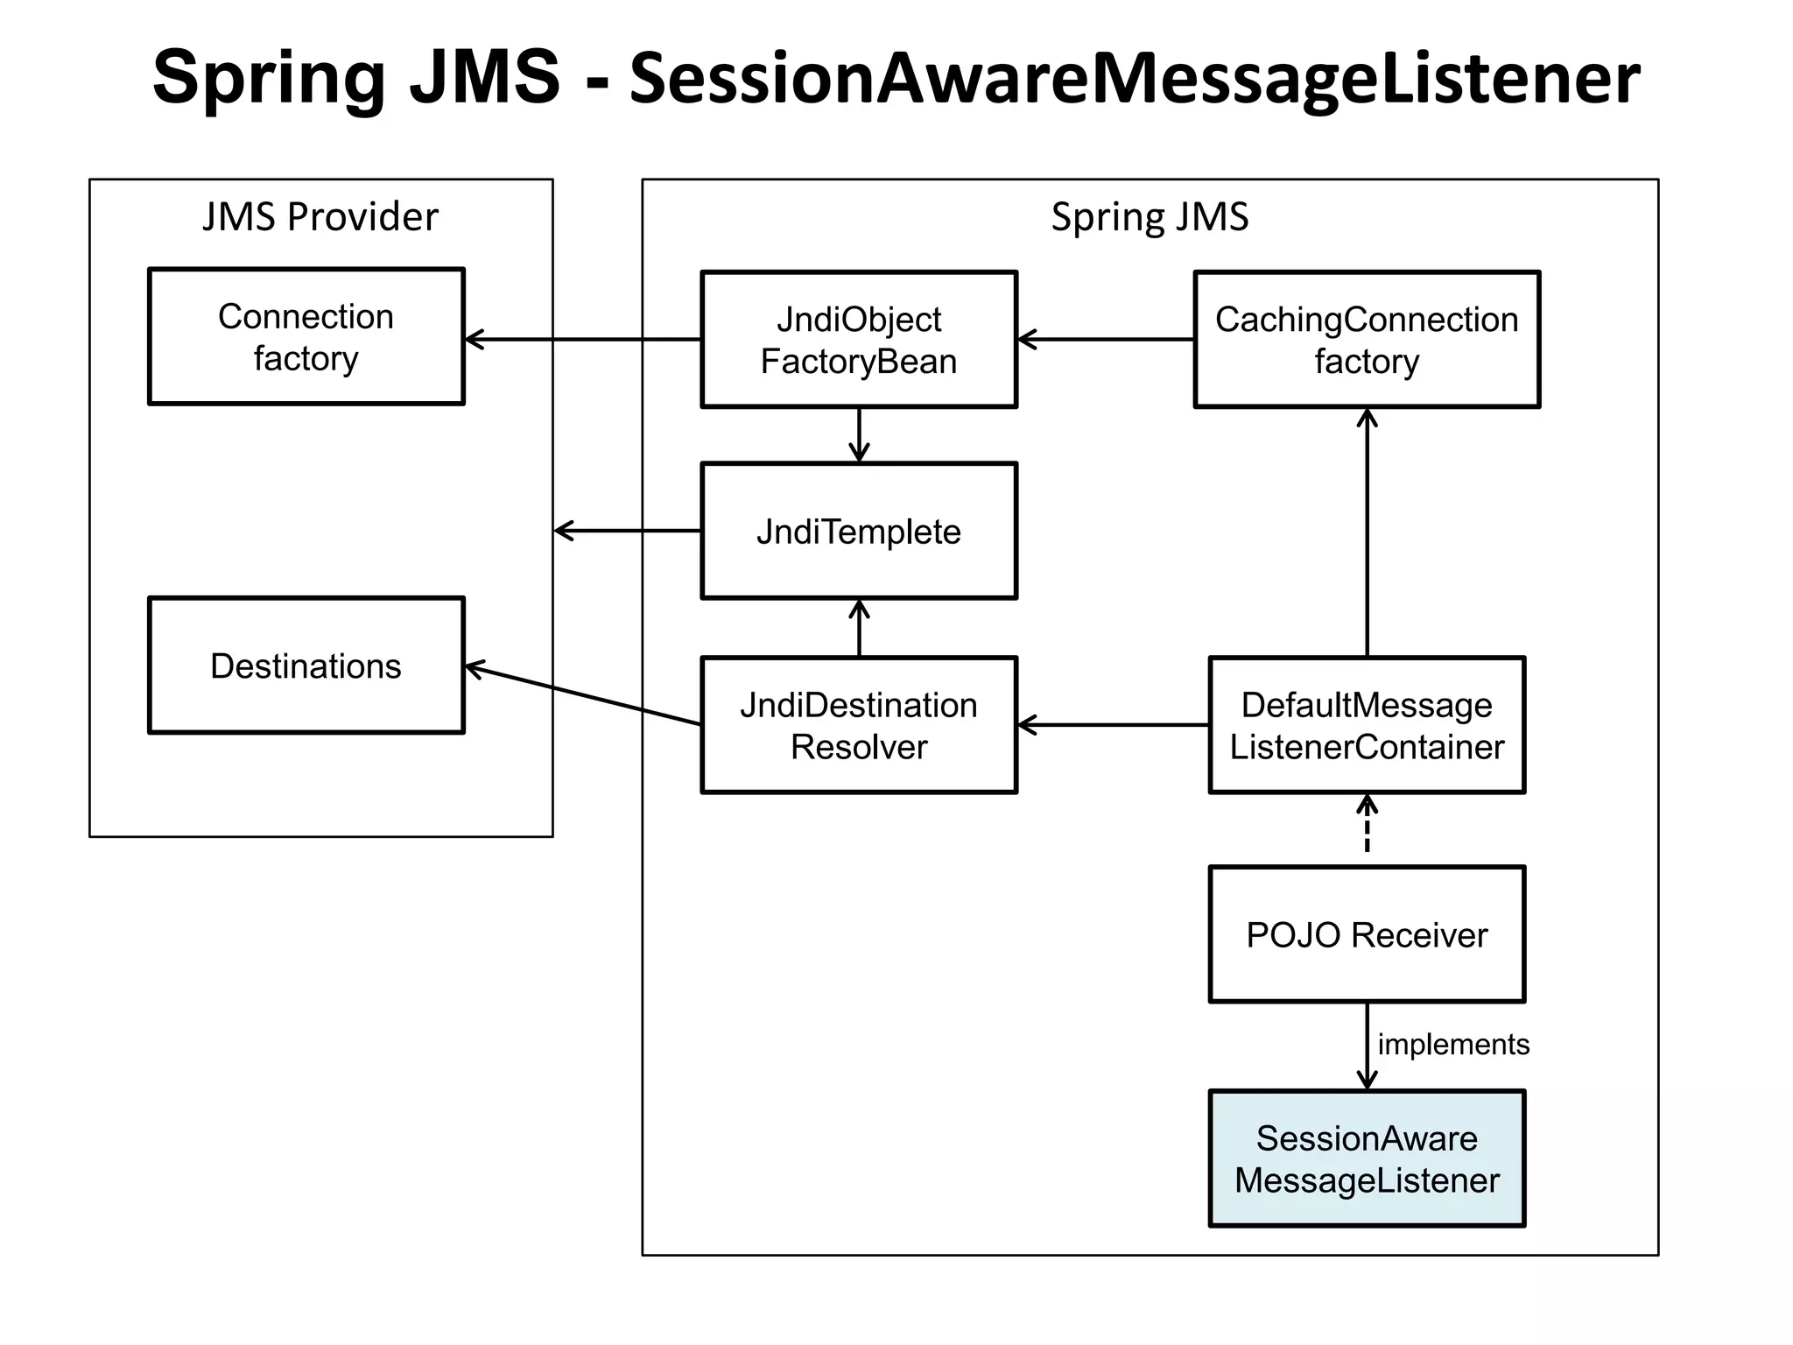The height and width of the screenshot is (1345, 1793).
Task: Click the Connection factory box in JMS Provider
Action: [306, 336]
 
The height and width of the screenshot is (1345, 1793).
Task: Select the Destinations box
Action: [306, 665]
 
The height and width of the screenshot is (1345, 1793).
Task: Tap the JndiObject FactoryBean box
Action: [858, 340]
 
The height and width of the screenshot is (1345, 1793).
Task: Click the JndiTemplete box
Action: [858, 531]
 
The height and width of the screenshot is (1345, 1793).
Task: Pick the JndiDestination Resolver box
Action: [858, 725]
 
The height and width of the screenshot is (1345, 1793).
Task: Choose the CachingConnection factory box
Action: [1366, 340]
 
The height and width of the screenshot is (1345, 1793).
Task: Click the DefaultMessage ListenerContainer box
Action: [1366, 725]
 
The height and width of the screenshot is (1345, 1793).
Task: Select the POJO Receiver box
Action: [1366, 934]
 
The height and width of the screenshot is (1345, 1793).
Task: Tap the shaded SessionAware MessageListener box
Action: [1366, 1158]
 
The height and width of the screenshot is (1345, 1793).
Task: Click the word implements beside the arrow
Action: [1453, 1044]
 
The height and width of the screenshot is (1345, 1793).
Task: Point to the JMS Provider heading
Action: [320, 216]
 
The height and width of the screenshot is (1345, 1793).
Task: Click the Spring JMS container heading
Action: [1149, 216]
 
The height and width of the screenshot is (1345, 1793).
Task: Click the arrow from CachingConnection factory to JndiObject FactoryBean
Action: [1105, 340]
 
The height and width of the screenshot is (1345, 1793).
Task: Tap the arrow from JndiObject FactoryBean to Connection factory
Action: [582, 340]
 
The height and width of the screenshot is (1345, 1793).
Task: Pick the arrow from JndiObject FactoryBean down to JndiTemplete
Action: [859, 434]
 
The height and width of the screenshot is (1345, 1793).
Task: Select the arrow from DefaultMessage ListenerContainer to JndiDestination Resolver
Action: [1112, 725]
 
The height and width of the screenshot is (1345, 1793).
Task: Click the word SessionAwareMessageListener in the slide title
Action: [1134, 77]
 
